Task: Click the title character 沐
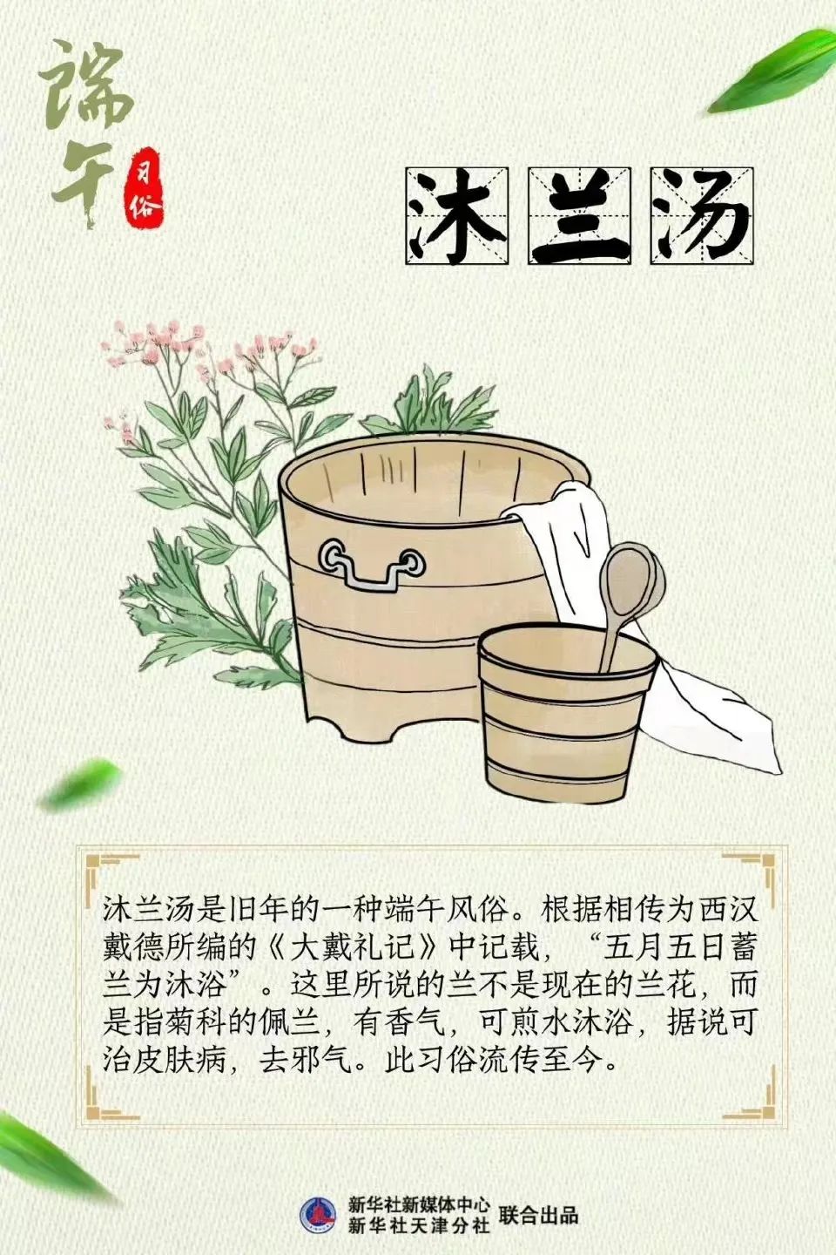456,215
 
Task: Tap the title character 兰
579,215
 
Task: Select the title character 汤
701,215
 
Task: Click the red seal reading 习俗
141,188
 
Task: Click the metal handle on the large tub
371,567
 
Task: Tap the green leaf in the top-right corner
772,71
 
